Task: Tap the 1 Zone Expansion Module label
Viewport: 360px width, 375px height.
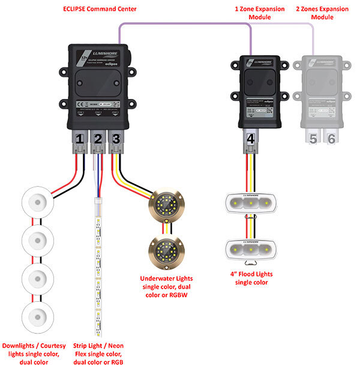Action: (x=251, y=13)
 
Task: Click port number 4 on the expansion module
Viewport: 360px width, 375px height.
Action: (x=251, y=138)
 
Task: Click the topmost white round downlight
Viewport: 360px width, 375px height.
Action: (x=37, y=202)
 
